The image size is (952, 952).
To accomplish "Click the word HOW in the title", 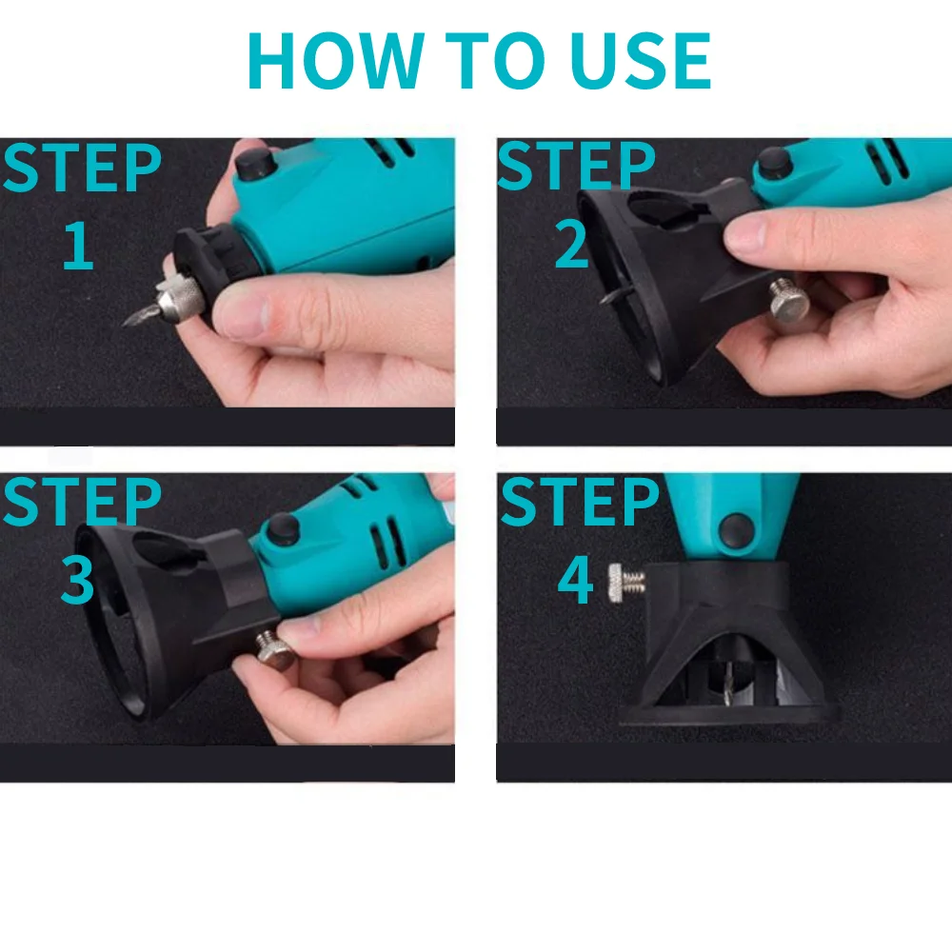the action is (336, 61).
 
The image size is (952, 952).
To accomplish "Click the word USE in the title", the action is (641, 61).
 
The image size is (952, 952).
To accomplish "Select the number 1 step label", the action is (79, 246).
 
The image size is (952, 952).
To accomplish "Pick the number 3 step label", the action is (77, 580).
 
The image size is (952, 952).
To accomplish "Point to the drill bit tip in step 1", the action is (123, 325).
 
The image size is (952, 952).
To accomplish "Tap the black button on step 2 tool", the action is (773, 160).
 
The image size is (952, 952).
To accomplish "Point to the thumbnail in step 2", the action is (744, 235).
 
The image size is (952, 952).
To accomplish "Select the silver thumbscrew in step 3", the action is (274, 649).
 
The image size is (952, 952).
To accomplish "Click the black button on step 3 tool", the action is (283, 529).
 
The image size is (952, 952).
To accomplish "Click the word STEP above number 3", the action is (82, 501).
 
